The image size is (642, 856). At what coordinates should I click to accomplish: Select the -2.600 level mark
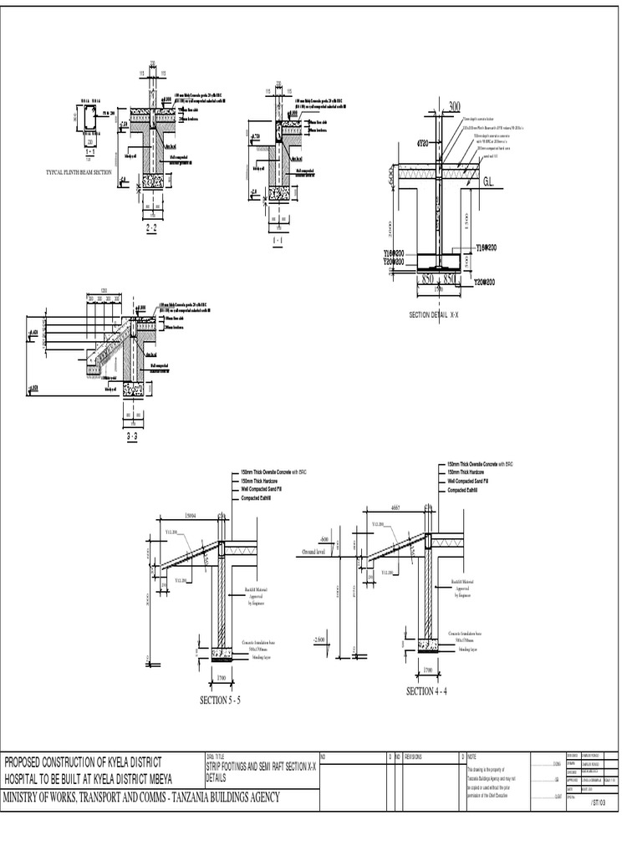pos(318,639)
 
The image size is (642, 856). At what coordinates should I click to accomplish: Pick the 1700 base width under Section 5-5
pos(222,678)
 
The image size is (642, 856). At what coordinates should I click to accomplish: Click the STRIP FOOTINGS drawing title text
pos(234,763)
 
